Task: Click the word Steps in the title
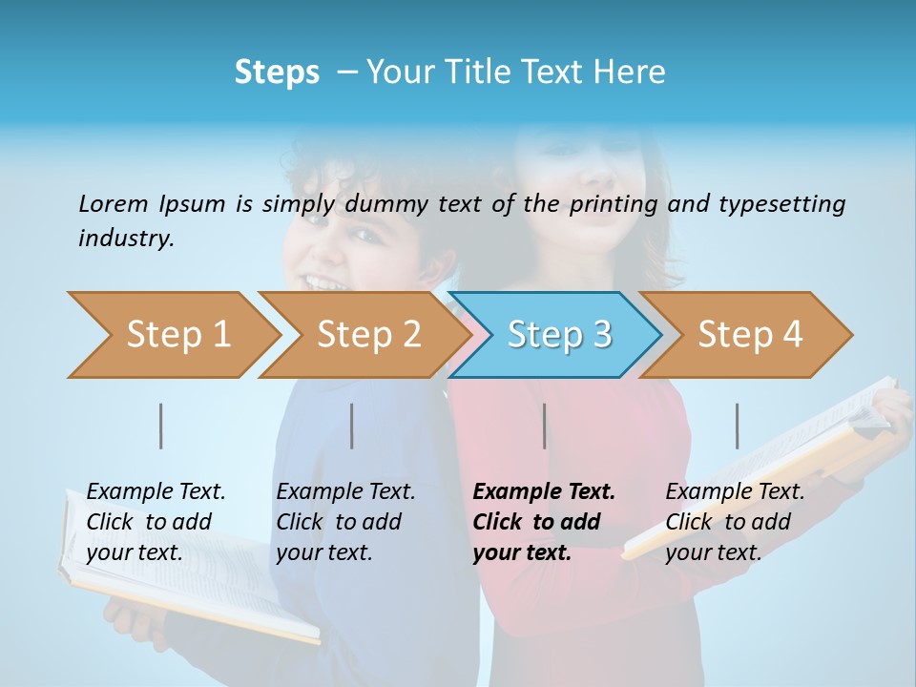[277, 73]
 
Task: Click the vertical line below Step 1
[161, 426]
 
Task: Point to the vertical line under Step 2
[352, 426]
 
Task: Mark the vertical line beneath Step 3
[545, 426]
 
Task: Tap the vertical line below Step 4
[738, 426]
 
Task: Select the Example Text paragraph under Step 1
[155, 522]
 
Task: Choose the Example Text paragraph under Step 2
[344, 522]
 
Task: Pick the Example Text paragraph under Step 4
[734, 522]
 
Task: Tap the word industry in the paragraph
[125, 239]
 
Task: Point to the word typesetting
[781, 204]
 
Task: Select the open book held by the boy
[191, 572]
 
